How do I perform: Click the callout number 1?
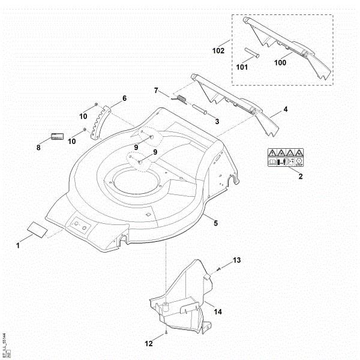[18, 245]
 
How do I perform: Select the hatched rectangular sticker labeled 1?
[35, 229]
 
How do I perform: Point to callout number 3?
[217, 122]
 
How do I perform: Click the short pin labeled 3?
[202, 110]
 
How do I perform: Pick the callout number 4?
[286, 109]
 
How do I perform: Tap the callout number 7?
[157, 91]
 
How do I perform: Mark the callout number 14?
[218, 312]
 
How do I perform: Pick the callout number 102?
[218, 51]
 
